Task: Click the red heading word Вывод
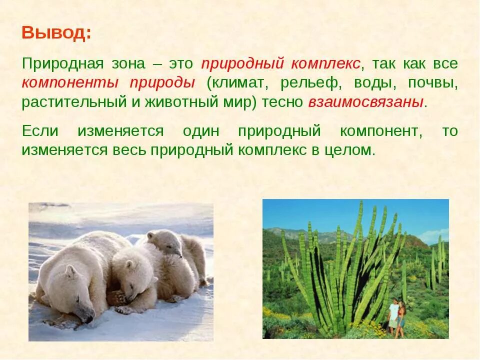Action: (56, 34)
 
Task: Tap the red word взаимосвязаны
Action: (366, 102)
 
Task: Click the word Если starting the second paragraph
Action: (40, 131)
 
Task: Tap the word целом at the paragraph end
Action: (349, 150)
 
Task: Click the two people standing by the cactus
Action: (397, 315)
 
